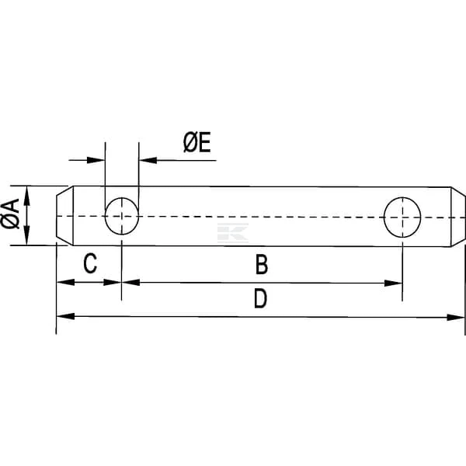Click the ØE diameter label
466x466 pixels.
pos(197,143)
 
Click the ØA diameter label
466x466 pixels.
pos(10,214)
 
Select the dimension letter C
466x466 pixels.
pos(90,263)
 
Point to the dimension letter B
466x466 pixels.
pos(262,265)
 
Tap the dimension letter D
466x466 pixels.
pos(261,299)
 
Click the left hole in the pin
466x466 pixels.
pos(122,216)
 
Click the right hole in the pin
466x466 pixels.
pos(402,217)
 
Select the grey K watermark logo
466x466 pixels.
pos(233,233)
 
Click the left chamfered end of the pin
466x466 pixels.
pos(64,216)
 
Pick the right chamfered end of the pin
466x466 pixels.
pos(458,217)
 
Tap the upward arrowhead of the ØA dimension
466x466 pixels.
pos(26,195)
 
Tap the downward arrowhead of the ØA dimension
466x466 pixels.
pos(26,235)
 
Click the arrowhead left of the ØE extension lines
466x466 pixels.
pos(96,160)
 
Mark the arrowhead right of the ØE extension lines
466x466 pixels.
pos(148,161)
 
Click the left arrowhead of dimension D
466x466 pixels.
pos(65,316)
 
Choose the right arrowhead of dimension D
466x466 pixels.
pos(456,318)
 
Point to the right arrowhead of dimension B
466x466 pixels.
pos(393,283)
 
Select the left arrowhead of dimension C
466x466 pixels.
pos(65,282)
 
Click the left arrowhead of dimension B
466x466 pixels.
pos(130,283)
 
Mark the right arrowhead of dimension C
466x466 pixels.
pos(113,283)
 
